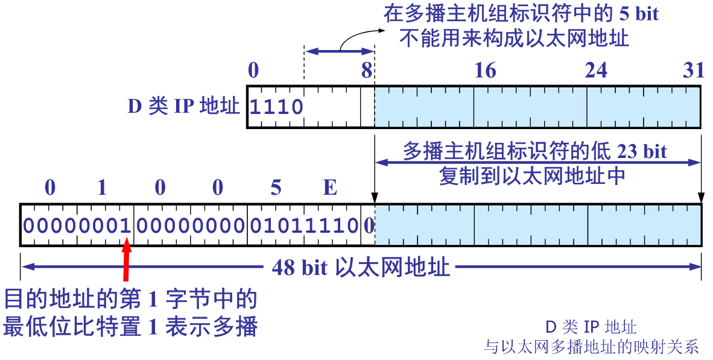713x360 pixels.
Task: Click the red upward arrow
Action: pos(127,261)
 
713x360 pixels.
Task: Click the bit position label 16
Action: pos(485,71)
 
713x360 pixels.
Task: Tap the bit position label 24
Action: pos(596,71)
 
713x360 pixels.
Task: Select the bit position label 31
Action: pos(693,71)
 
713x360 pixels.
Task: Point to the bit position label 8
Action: pos(367,71)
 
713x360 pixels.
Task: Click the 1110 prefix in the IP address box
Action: pos(276,107)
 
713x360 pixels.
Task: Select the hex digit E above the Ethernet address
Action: pos(330,188)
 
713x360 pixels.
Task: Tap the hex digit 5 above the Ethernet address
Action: pos(276,188)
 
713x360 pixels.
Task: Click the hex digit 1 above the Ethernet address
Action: pos(102,188)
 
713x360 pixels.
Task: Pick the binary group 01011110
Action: pos(304,226)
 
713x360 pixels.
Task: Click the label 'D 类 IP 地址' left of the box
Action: pos(183,107)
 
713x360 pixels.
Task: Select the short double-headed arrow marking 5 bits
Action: pos(340,52)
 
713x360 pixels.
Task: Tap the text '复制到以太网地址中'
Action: pos(531,175)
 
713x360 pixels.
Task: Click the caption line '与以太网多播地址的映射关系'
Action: pos(591,347)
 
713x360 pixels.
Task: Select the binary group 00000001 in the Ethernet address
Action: pos(77,226)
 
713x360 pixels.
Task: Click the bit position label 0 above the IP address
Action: pos(253,71)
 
